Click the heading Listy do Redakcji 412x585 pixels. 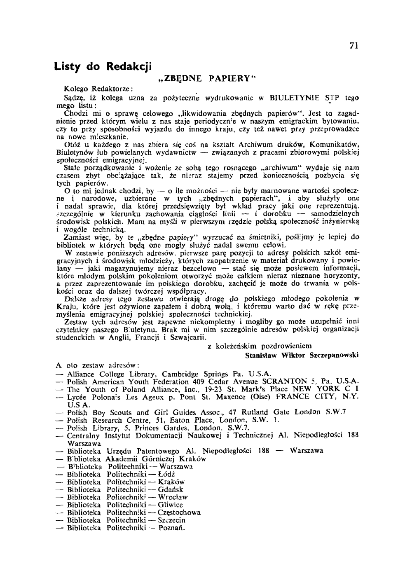(x=103, y=66)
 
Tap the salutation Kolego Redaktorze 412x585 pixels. (x=98, y=89)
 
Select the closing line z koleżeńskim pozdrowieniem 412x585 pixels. (x=260, y=346)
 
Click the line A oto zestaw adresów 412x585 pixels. (x=98, y=365)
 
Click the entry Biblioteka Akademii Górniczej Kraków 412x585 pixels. (x=136, y=459)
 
